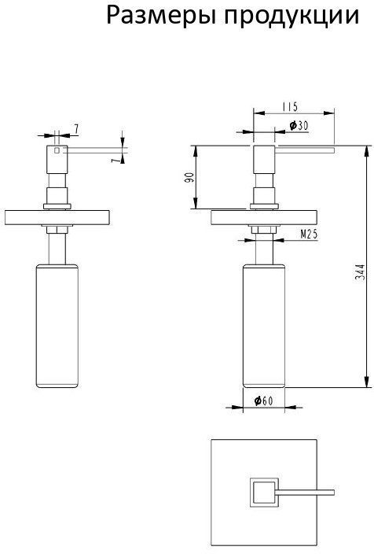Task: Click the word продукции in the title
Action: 291,17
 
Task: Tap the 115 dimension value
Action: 290,107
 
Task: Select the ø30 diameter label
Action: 299,125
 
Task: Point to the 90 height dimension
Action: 190,177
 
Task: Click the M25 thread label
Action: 309,234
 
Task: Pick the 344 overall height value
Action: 360,272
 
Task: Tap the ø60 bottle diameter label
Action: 263,401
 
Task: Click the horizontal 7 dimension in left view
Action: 75,129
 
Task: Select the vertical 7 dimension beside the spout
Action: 114,160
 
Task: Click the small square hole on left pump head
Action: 57,150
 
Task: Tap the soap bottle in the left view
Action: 57,326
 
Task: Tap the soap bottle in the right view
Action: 264,326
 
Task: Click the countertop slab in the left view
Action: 57,217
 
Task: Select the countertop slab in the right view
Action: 264,217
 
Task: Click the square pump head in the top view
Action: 264,493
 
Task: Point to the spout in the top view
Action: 306,493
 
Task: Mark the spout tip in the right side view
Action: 334,150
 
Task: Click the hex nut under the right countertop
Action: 264,230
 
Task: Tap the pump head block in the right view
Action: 264,159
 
